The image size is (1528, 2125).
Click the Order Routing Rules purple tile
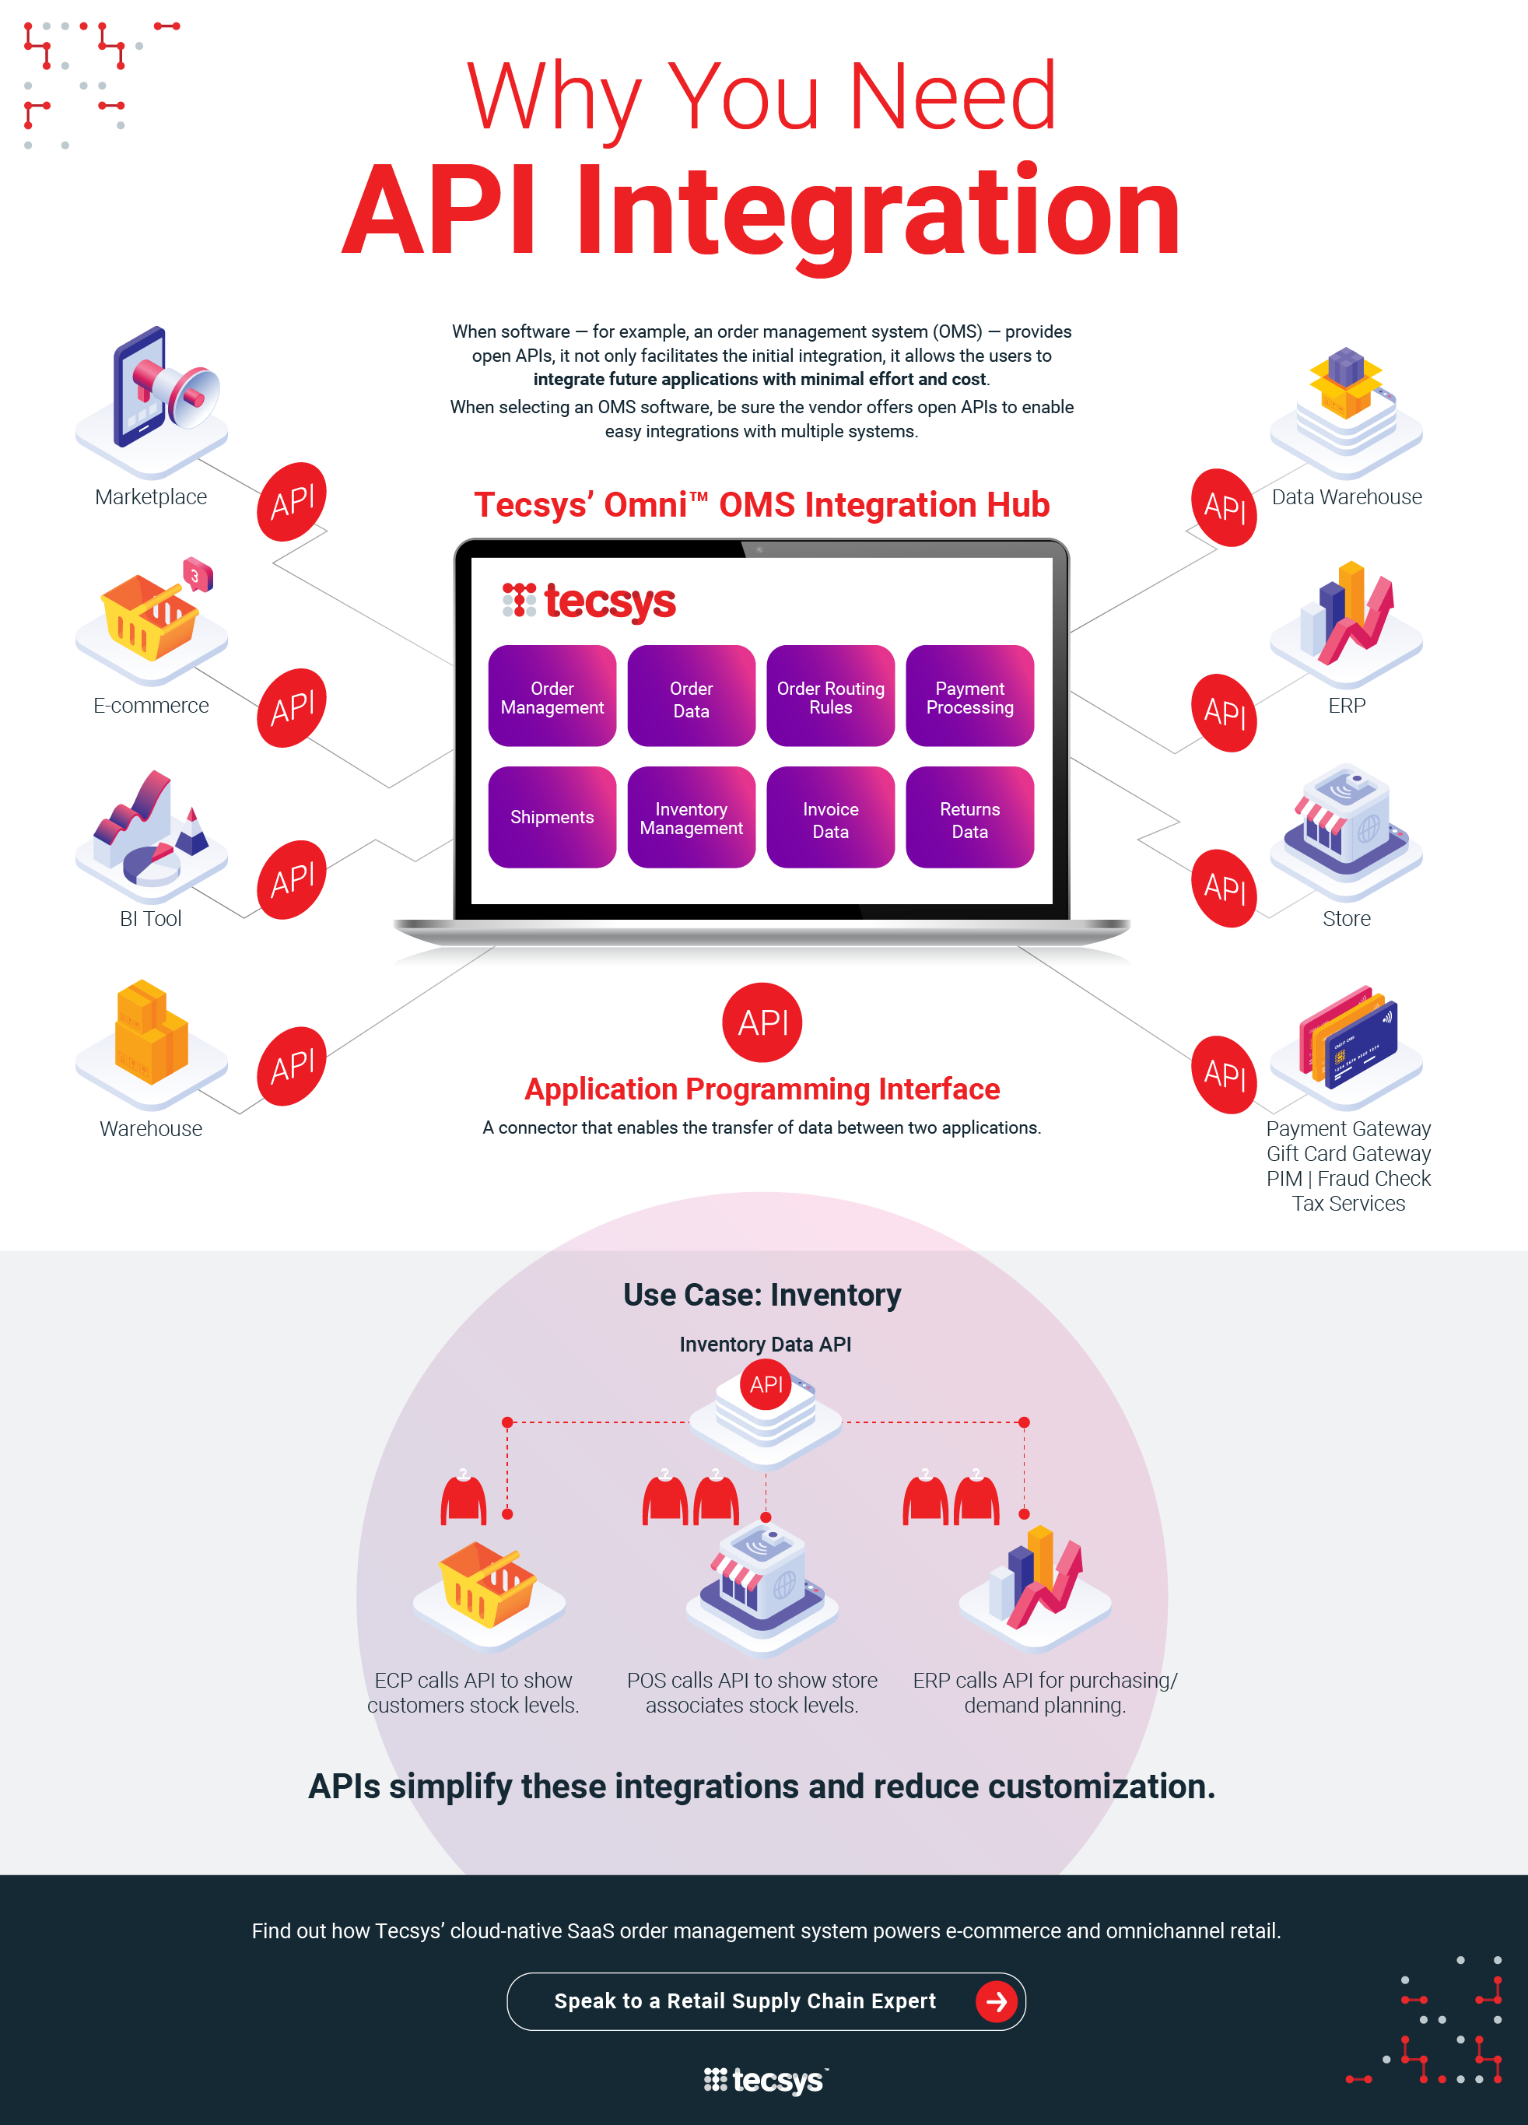(830, 696)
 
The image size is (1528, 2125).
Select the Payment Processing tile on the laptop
(969, 696)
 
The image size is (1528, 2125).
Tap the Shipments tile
(552, 817)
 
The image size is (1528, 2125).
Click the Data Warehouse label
(1346, 496)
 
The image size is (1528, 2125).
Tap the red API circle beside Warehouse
(293, 1066)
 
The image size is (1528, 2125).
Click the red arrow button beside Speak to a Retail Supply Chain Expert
(996, 2002)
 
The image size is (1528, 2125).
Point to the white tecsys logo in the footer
(765, 2081)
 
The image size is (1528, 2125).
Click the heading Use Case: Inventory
(762, 1295)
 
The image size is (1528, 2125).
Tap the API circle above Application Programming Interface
(762, 1022)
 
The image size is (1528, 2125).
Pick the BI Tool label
(150, 918)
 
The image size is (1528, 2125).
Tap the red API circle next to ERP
(1224, 713)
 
